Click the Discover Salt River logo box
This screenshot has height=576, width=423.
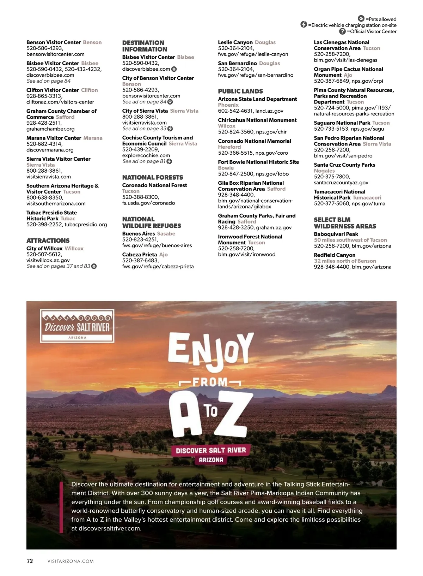(x=77, y=326)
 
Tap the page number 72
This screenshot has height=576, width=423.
(x=30, y=561)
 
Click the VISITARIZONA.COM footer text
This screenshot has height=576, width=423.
(x=70, y=561)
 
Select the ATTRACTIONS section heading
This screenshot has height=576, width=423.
(x=48, y=241)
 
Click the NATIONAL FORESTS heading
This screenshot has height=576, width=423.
(x=153, y=177)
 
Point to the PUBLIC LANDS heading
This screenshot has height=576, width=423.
(x=240, y=91)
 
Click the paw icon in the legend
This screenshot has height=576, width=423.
(x=361, y=19)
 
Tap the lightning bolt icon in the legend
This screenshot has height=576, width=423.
(x=304, y=25)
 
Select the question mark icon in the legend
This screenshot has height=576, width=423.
(x=342, y=31)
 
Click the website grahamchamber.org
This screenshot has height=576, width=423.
(x=50, y=129)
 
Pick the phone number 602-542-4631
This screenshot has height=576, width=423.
(x=235, y=111)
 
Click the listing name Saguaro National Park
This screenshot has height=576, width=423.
(x=342, y=123)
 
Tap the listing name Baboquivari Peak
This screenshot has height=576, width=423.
(x=336, y=234)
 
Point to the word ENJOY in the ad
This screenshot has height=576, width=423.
(x=210, y=351)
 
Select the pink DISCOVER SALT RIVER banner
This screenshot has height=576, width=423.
(x=211, y=450)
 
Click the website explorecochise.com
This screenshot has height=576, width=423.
(x=146, y=155)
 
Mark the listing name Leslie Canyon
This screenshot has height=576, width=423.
(x=235, y=42)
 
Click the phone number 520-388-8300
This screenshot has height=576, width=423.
(x=140, y=197)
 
